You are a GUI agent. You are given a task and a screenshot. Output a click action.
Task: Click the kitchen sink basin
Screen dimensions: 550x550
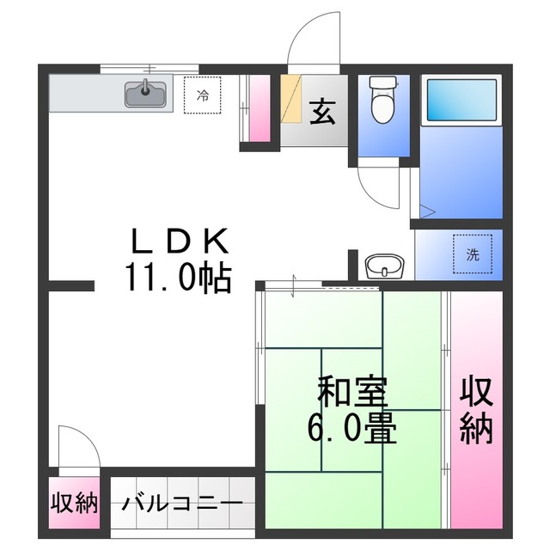pos(147,92)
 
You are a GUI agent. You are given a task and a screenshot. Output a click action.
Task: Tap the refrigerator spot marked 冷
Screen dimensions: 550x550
pos(203,95)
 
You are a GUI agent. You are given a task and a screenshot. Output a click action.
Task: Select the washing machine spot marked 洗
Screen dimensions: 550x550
pos(473,254)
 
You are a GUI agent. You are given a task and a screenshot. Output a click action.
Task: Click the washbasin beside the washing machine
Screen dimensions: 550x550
pos(383,266)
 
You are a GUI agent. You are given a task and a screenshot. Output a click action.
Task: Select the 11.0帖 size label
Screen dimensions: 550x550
pos(179,277)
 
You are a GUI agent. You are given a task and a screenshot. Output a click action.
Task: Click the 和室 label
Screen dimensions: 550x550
pos(352,392)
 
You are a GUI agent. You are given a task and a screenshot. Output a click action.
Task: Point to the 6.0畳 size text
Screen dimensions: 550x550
pos(352,427)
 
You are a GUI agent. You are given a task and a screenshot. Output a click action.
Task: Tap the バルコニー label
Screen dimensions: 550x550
pos(181,503)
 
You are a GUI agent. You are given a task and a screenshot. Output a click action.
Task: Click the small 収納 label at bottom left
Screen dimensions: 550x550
pos(74,503)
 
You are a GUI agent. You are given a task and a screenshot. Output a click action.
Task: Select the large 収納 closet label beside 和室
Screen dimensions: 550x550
pos(475,410)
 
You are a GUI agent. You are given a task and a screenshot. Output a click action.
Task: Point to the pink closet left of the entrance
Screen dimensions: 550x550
pos(259,107)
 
